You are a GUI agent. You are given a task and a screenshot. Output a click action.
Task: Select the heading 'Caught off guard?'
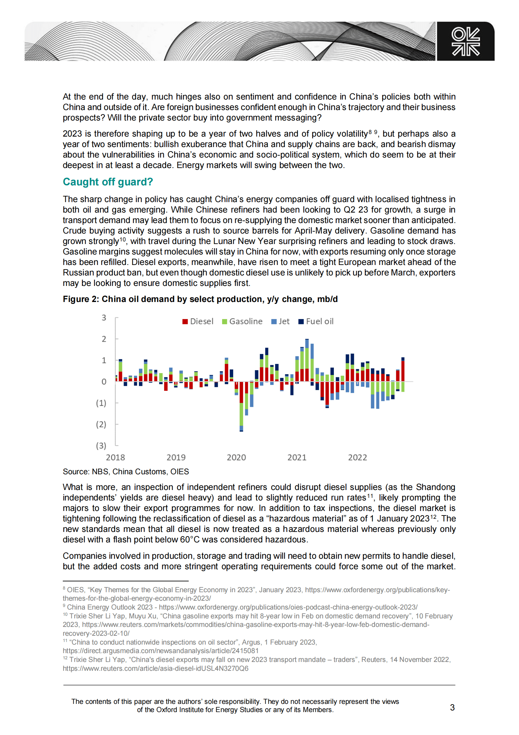click(x=108, y=182)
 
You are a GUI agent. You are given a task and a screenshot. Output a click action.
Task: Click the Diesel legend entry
click(x=198, y=321)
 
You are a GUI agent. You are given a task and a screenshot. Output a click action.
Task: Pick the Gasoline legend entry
click(x=242, y=321)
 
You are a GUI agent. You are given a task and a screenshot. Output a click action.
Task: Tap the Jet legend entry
click(x=280, y=321)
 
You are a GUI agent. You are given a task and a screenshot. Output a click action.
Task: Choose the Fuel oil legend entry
click(x=316, y=321)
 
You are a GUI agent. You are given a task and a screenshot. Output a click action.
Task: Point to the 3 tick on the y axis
click(x=104, y=317)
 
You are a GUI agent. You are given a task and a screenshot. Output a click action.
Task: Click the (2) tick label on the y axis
click(x=101, y=424)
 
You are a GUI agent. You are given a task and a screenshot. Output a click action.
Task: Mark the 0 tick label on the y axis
click(x=104, y=382)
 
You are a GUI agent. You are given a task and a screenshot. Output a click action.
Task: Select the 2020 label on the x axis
click(x=236, y=457)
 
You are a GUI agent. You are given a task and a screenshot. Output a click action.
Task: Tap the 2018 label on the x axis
click(x=115, y=457)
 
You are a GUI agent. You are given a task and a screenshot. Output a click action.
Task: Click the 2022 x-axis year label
click(x=357, y=457)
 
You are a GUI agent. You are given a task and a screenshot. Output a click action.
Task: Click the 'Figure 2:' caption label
click(x=81, y=299)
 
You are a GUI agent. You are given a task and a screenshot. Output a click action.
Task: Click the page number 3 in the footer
click(x=452, y=707)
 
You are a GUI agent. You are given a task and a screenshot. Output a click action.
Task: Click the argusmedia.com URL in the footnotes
click(x=161, y=650)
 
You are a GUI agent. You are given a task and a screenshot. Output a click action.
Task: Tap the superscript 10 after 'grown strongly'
click(x=122, y=239)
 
